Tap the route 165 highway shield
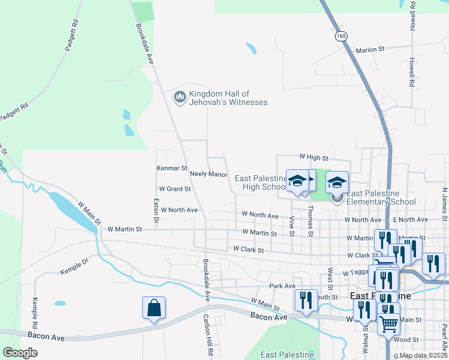(x=342, y=36)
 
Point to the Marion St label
(x=370, y=49)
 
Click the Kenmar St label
(x=172, y=169)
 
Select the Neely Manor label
(x=208, y=174)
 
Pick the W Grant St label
(x=175, y=188)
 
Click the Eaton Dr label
(x=156, y=212)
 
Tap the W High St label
(x=314, y=158)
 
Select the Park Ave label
(x=282, y=286)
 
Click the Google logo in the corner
(x=20, y=353)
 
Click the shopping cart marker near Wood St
(x=388, y=323)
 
